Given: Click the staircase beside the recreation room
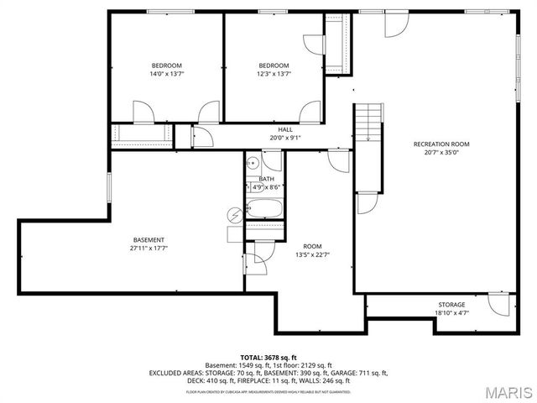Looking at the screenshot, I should (x=368, y=123).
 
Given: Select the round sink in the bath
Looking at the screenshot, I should (x=252, y=165).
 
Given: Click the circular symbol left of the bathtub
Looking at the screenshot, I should (x=235, y=214).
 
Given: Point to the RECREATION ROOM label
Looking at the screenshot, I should (x=441, y=144).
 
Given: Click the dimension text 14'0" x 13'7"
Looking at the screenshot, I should (x=166, y=74).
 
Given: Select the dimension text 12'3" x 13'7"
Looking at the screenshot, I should (x=274, y=74).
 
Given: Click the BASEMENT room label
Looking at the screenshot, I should (x=148, y=240).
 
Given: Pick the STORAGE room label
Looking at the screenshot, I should (x=451, y=305).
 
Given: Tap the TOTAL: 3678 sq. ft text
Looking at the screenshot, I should (x=268, y=357).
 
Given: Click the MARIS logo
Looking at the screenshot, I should (x=502, y=390).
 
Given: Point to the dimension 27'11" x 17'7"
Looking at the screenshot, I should (x=148, y=249).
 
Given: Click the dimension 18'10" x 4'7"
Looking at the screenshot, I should (x=451, y=312).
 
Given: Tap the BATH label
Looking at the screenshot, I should (x=266, y=179).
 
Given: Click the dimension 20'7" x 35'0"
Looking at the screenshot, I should (x=441, y=153).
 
